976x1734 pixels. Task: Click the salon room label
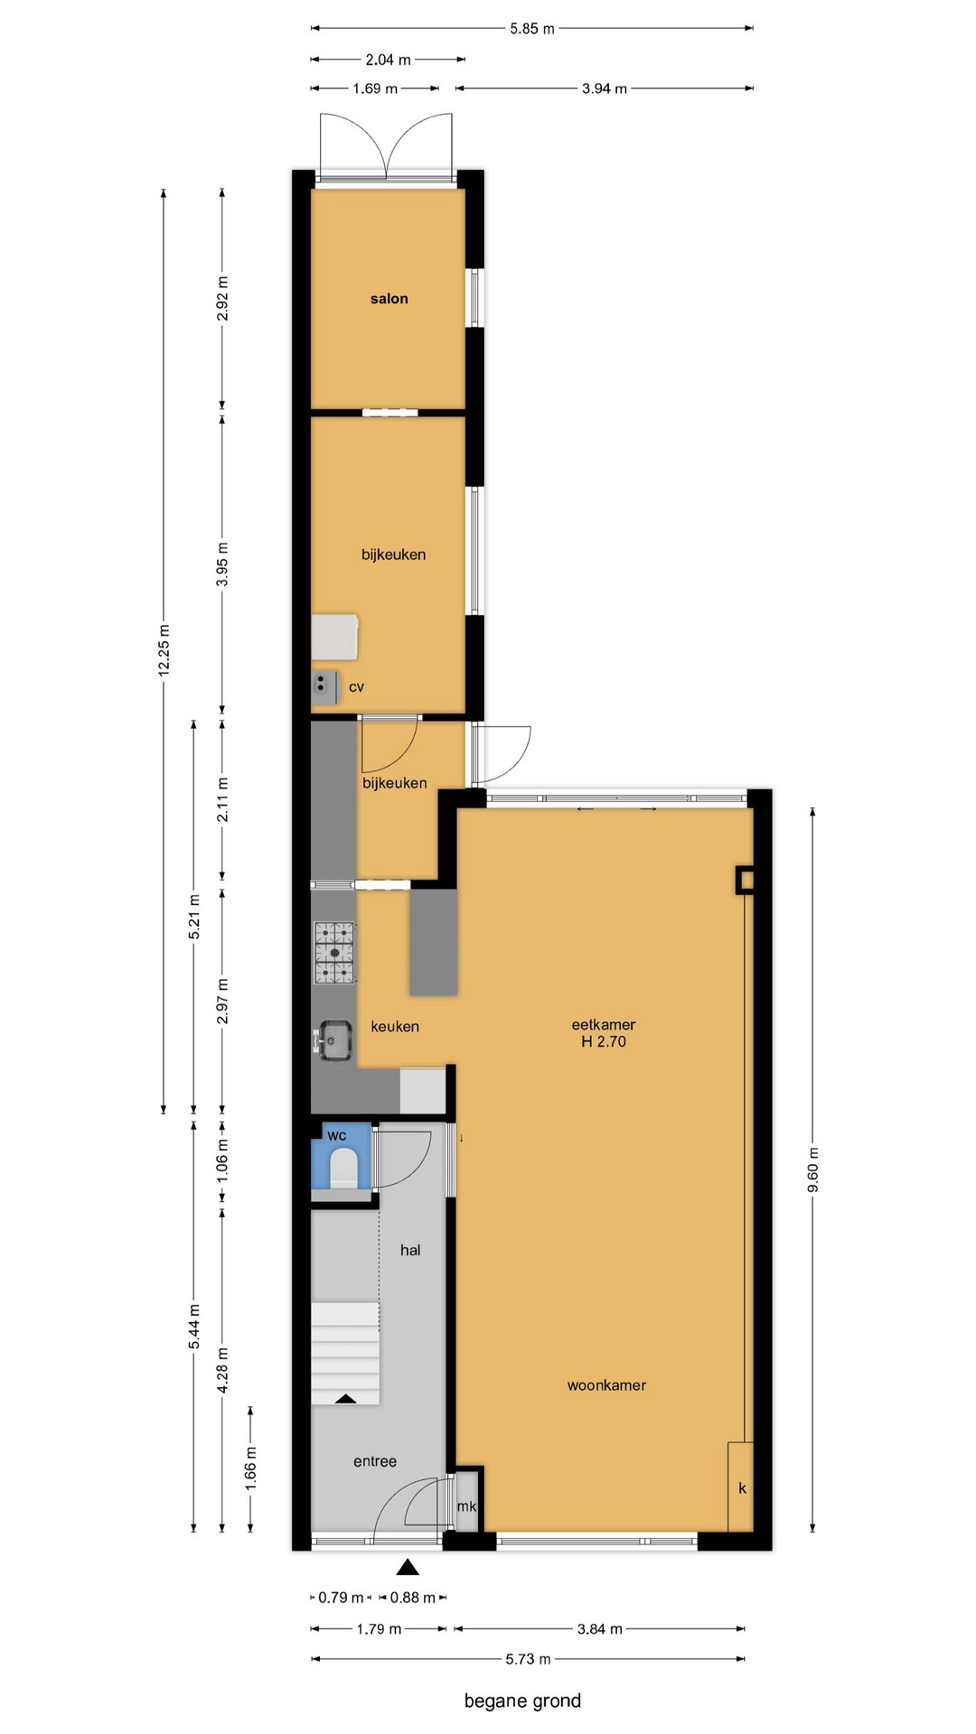point(389,299)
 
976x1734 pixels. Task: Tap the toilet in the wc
point(343,1168)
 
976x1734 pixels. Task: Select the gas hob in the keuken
point(334,952)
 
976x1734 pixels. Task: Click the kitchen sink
point(333,1039)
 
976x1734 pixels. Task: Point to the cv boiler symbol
point(324,686)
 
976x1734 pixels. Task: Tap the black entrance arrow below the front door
point(408,1567)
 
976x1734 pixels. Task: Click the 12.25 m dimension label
point(164,649)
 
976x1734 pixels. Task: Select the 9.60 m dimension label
point(812,1169)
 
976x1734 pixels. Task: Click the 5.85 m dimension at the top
point(532,29)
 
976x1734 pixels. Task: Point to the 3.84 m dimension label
point(600,1629)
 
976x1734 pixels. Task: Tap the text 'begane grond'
point(522,1701)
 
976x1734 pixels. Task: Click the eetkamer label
point(604,1025)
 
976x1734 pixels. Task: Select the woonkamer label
point(606,1385)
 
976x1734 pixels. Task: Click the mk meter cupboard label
point(466,1506)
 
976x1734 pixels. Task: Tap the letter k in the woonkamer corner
point(743,1487)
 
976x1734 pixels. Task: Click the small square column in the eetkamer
point(746,880)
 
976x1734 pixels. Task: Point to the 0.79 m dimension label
point(341,1598)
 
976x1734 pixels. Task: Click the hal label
point(410,1250)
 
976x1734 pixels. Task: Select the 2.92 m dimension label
point(223,299)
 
